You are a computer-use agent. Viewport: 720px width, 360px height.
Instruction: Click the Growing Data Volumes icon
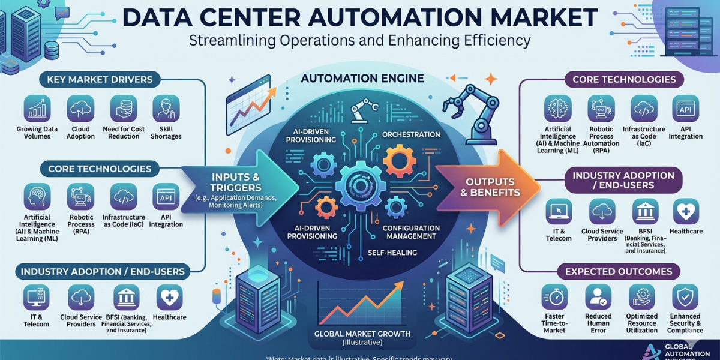click(x=37, y=109)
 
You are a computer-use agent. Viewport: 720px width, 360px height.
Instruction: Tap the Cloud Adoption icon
click(x=80, y=109)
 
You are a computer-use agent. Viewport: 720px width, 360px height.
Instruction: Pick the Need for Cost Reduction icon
click(x=124, y=109)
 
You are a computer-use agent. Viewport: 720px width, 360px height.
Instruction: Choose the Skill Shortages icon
click(x=166, y=109)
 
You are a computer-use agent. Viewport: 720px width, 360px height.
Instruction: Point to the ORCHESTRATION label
click(x=411, y=134)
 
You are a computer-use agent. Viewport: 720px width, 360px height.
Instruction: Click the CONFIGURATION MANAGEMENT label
click(x=411, y=232)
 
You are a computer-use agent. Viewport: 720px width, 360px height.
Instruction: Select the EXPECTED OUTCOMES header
click(x=619, y=272)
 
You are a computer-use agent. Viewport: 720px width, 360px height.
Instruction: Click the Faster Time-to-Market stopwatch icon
click(x=555, y=297)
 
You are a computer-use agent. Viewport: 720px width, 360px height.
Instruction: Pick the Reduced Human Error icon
click(x=598, y=297)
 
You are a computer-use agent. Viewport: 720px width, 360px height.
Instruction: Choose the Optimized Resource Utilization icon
click(x=641, y=297)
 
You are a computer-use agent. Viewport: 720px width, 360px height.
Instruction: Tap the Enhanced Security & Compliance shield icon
click(x=685, y=297)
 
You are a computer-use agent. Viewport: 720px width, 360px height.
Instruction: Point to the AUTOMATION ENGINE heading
click(x=362, y=79)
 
